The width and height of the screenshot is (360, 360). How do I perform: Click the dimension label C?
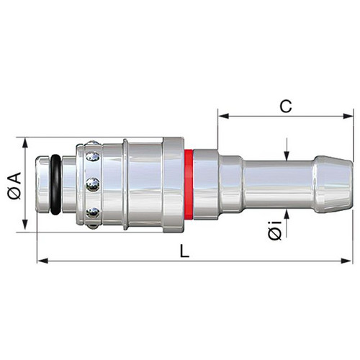[x=286, y=107]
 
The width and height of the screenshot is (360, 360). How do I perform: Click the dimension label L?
[x=184, y=251]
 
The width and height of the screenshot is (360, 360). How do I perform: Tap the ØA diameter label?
[x=14, y=185]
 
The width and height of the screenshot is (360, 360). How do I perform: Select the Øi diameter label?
[x=275, y=231]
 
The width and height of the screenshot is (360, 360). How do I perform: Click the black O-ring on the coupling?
[x=55, y=185]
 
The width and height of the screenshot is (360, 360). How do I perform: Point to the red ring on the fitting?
[x=189, y=184]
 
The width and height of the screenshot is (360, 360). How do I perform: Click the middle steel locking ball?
[x=93, y=184]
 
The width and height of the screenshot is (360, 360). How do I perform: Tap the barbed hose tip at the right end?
[x=334, y=184]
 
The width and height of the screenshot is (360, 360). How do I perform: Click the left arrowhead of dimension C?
[x=223, y=116]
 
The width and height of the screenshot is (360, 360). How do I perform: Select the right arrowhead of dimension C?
[x=348, y=116]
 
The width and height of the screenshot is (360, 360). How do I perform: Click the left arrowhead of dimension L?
[x=42, y=261]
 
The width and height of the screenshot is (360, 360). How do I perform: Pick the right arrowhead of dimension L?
[x=346, y=261]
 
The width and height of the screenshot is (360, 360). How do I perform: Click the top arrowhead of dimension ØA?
[x=25, y=143]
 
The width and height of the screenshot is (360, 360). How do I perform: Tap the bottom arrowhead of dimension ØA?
[x=25, y=227]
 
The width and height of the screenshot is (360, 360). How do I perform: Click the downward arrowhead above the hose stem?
[x=287, y=156]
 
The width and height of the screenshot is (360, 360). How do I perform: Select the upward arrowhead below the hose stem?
[x=287, y=215]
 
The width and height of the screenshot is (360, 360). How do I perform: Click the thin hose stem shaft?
[x=279, y=184]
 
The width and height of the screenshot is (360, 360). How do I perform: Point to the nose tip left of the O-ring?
[x=42, y=184]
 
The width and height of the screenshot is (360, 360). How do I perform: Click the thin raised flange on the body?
[x=125, y=184]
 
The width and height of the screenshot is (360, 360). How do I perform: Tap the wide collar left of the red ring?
[x=174, y=185]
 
